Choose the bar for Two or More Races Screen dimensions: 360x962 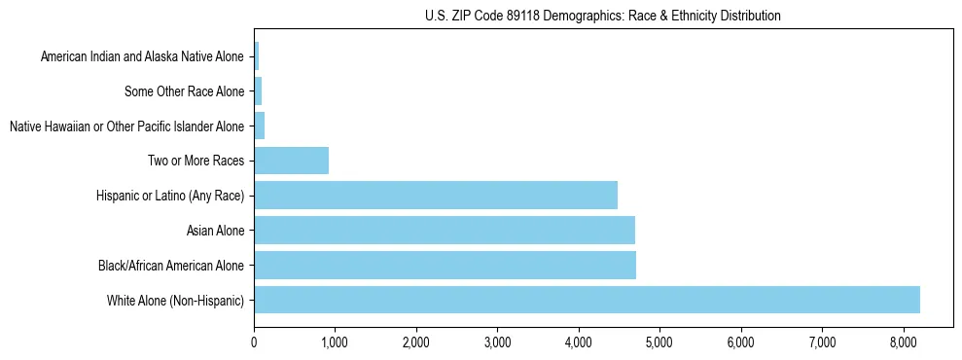click(291, 161)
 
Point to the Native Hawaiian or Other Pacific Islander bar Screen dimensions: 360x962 click(260, 126)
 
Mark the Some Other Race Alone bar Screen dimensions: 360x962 click(258, 91)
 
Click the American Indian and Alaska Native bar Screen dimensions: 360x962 click(257, 56)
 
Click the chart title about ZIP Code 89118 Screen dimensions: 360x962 click(603, 16)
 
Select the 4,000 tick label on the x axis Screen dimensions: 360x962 click(579, 342)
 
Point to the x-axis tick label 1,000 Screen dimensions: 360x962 click(335, 342)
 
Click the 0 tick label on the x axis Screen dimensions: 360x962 click(254, 342)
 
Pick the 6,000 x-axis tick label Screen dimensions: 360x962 click(741, 342)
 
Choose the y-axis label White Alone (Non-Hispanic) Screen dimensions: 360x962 click(176, 301)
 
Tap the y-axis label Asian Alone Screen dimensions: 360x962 click(216, 231)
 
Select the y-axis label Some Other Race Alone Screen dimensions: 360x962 click(185, 92)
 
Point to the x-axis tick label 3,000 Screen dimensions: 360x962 click(497, 342)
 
